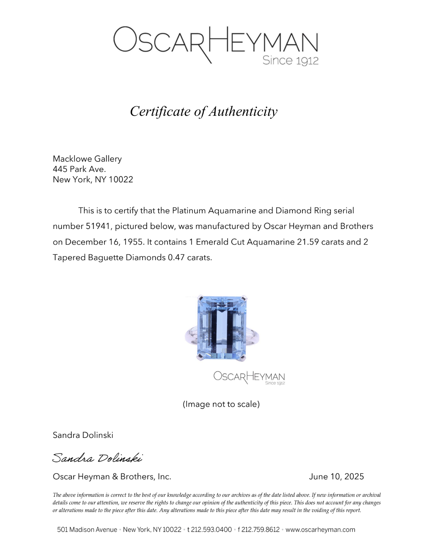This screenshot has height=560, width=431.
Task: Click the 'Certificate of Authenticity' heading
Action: click(x=204, y=112)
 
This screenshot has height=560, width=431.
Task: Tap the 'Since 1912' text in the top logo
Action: click(x=290, y=60)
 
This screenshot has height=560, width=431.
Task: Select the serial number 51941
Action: click(x=98, y=226)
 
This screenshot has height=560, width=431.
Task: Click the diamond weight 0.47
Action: click(x=176, y=258)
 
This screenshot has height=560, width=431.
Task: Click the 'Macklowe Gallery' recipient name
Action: click(x=87, y=159)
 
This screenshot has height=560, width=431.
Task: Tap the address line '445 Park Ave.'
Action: click(x=79, y=169)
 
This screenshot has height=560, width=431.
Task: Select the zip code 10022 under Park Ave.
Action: click(x=121, y=180)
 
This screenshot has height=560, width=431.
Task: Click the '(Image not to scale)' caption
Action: click(x=221, y=404)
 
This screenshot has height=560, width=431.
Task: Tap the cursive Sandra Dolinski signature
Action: click(x=97, y=458)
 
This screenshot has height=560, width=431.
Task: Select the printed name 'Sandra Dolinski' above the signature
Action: click(x=83, y=435)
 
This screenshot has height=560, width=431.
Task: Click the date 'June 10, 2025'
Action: click(x=336, y=476)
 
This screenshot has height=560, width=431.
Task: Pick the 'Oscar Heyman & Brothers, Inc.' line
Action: click(x=112, y=476)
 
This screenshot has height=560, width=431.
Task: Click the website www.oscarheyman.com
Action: click(x=320, y=529)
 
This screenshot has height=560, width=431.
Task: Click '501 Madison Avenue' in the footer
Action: click(x=87, y=529)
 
